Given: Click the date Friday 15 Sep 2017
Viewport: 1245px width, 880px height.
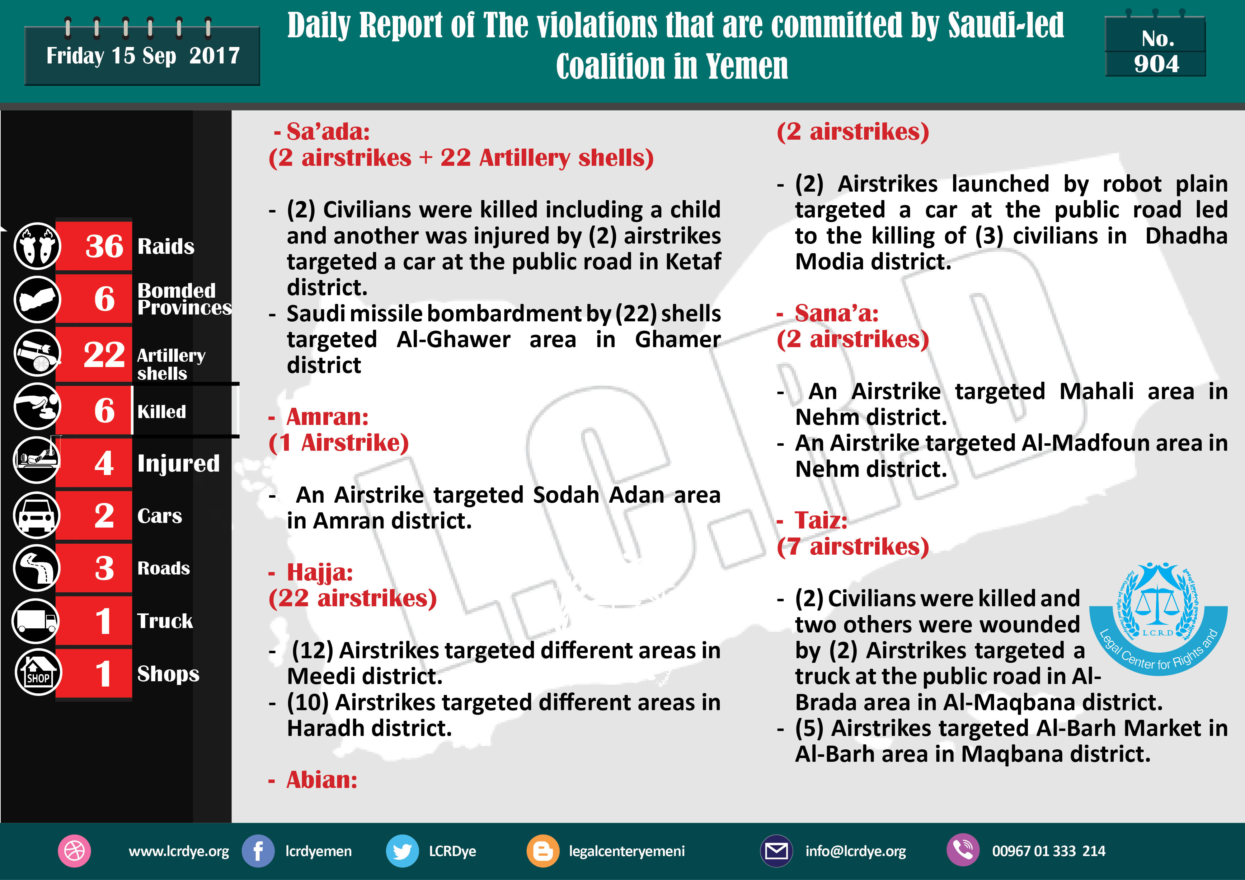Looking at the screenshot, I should [x=143, y=56].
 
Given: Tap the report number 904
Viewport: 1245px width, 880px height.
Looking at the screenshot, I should [x=1156, y=64].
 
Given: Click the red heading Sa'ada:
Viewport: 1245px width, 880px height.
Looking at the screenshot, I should [x=327, y=132].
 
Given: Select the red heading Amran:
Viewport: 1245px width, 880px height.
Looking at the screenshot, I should [x=327, y=417].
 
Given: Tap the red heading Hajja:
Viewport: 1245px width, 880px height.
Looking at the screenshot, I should [x=319, y=572].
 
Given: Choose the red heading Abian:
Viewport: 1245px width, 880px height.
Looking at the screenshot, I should [x=322, y=780].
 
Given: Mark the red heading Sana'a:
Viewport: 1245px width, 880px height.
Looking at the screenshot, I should [x=836, y=313].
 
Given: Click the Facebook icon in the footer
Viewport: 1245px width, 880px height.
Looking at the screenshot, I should [x=258, y=851].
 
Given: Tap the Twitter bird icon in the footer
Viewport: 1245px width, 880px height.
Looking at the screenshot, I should [x=402, y=851].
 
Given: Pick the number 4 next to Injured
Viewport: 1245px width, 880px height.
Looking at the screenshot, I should [x=104, y=463].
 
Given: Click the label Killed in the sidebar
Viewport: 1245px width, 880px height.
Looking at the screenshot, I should [x=162, y=412].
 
